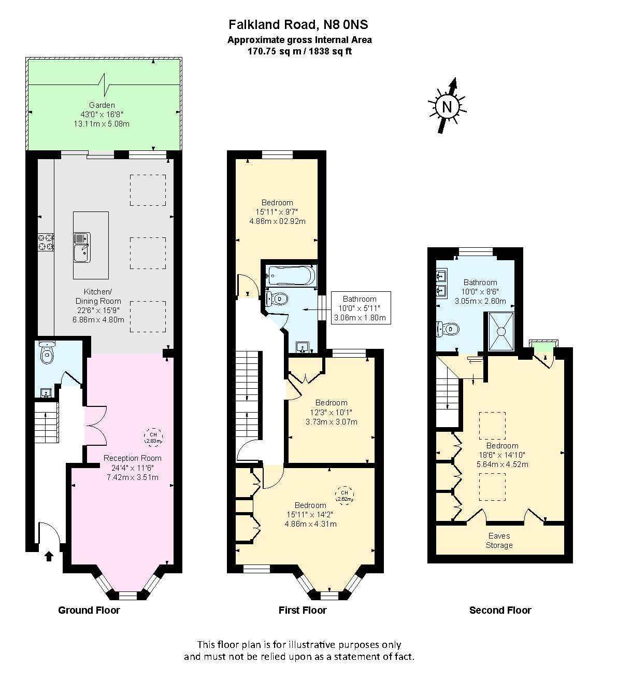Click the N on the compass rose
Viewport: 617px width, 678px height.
click(x=447, y=107)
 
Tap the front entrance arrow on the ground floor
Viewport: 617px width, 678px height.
click(x=49, y=556)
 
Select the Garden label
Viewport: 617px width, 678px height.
click(x=102, y=105)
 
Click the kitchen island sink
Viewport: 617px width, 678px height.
click(x=82, y=247)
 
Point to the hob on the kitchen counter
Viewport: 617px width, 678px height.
click(x=46, y=242)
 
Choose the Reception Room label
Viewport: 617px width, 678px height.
click(x=133, y=458)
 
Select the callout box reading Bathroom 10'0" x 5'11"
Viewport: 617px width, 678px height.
click(x=361, y=308)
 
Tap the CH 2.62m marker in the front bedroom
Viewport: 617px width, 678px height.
click(x=345, y=496)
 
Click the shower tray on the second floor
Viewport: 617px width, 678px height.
click(x=501, y=331)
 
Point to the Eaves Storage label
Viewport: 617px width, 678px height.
click(x=499, y=540)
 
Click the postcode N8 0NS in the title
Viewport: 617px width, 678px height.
click(x=346, y=24)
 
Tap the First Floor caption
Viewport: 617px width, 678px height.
click(x=303, y=610)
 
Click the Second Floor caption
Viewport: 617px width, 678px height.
click(x=500, y=610)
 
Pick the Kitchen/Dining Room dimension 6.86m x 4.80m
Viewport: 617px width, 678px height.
click(x=98, y=319)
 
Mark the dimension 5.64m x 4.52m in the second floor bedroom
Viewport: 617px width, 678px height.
click(x=502, y=464)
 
